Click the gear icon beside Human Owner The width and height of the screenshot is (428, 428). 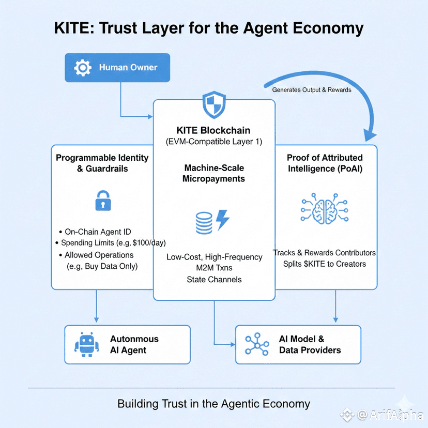(x=83, y=68)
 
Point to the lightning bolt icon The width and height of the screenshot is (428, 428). (x=222, y=220)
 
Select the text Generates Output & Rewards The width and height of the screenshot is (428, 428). (x=311, y=90)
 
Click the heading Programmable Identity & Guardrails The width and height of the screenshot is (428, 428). (x=102, y=163)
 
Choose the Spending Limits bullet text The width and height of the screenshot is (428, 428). (x=113, y=243)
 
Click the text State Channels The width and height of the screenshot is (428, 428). (x=214, y=280)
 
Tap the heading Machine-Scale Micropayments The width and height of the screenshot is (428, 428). (x=214, y=173)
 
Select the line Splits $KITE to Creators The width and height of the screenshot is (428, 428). (x=324, y=264)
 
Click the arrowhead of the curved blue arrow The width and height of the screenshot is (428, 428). (x=369, y=135)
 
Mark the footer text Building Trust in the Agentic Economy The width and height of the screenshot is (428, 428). (x=213, y=404)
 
